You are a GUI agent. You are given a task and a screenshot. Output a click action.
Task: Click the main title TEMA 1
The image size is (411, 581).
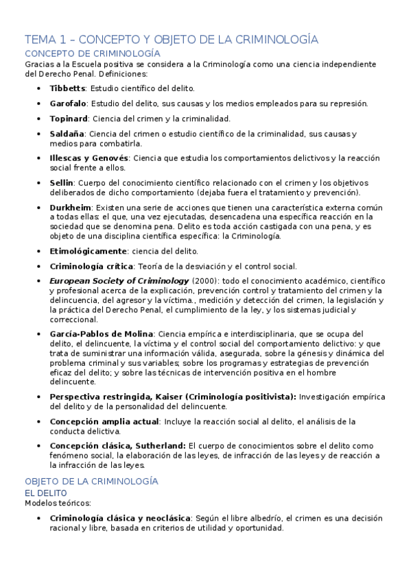172,39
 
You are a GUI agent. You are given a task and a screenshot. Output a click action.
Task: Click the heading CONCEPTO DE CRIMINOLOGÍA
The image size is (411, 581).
93,53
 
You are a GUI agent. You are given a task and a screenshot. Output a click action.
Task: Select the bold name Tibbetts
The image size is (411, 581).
68,88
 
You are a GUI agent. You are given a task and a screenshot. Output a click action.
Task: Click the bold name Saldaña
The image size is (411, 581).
67,134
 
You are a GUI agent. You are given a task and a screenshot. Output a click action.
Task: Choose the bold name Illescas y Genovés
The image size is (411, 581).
89,158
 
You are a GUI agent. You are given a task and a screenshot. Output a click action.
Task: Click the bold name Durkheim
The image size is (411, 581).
71,207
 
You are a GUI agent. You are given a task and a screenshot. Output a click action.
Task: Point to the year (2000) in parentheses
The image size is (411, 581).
204,281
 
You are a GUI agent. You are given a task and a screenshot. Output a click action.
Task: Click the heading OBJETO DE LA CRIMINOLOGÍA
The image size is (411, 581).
91,482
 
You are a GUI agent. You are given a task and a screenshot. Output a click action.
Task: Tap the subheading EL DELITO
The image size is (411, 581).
46,493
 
